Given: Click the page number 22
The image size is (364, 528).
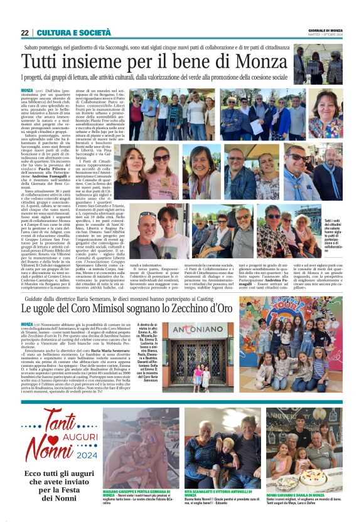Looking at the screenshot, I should (24, 33).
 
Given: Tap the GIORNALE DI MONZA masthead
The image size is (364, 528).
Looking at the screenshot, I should (325, 30).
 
